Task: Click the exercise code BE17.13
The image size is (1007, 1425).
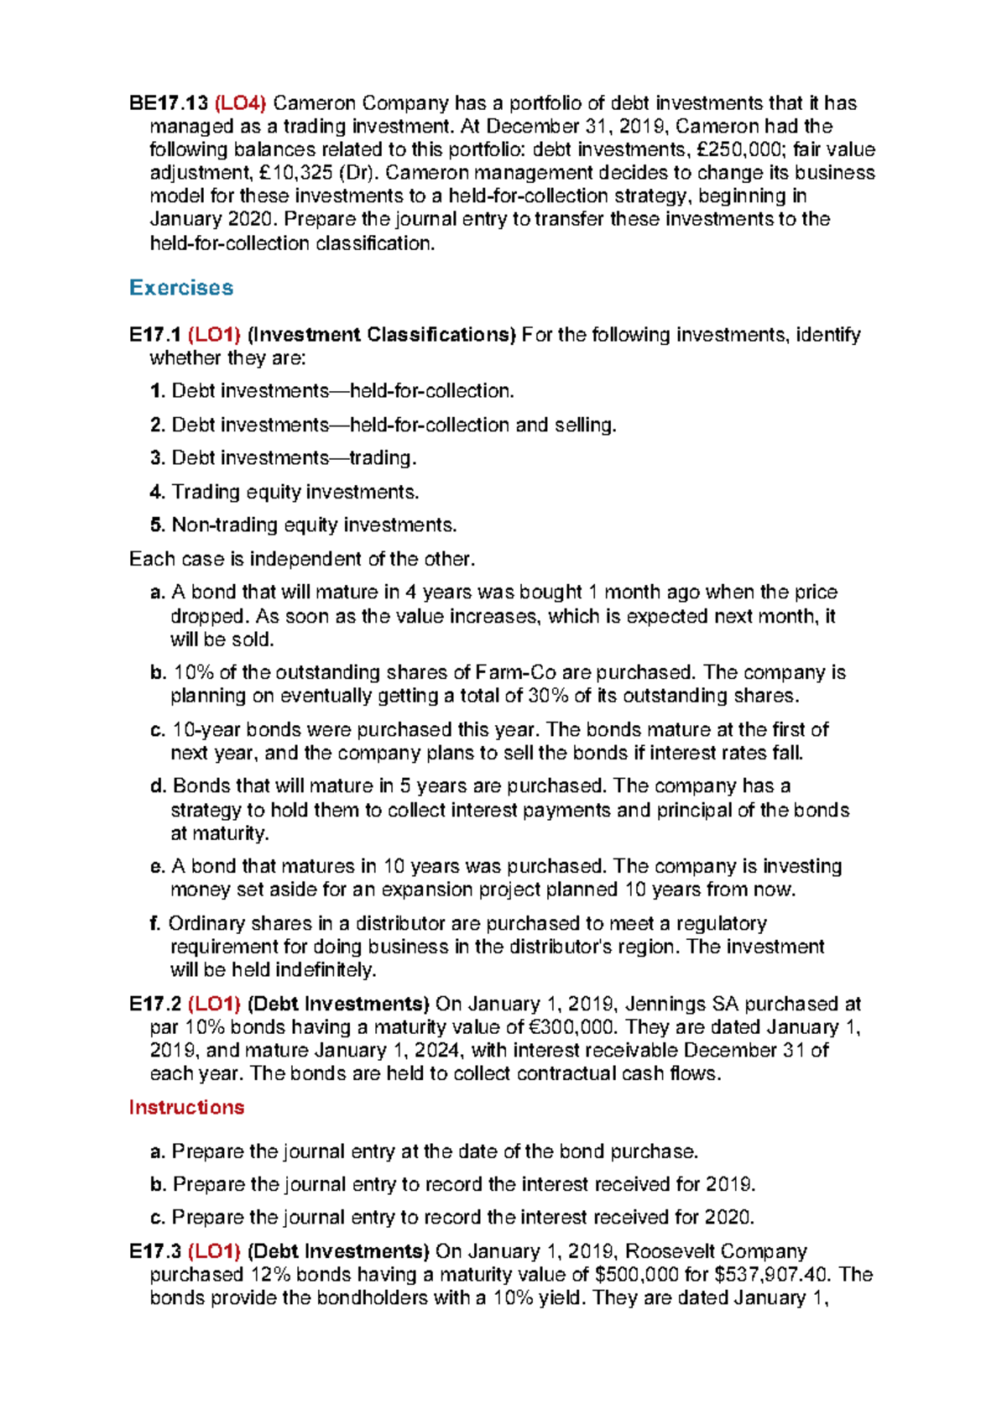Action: click(168, 103)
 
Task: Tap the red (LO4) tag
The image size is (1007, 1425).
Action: click(240, 103)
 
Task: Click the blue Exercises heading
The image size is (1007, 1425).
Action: click(181, 288)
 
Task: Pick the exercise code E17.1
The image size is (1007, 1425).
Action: click(155, 335)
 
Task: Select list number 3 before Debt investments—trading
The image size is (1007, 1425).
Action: click(157, 458)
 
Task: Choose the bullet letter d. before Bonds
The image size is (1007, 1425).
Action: click(158, 786)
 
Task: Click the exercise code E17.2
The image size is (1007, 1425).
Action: click(155, 1005)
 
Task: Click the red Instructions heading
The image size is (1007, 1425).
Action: click(186, 1108)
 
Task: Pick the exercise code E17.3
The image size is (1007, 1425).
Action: click(155, 1252)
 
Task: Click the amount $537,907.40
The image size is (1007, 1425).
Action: click(772, 1275)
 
